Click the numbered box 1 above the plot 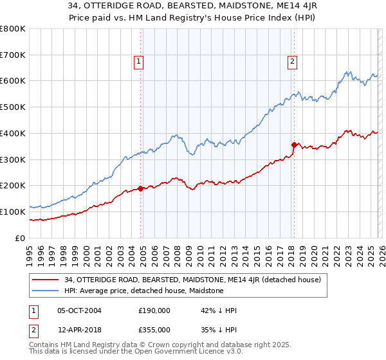tap(138, 62)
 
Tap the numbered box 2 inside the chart tap(292, 62)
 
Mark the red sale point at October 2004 tap(140, 188)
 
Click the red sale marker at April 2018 tap(294, 145)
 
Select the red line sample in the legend tap(46, 280)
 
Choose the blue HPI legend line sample tap(46, 291)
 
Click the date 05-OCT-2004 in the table tap(79, 310)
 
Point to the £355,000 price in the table tap(154, 329)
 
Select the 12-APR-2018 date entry tap(79, 329)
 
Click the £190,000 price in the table tap(154, 310)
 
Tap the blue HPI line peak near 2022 tap(347, 71)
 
